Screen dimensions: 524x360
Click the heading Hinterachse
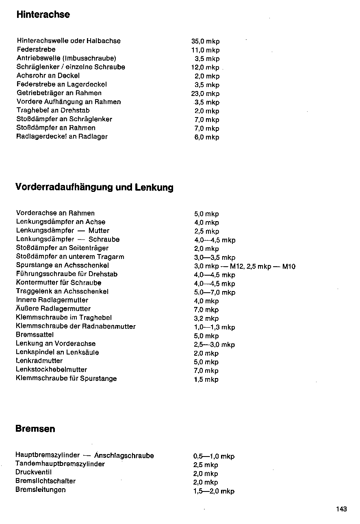click(x=43, y=15)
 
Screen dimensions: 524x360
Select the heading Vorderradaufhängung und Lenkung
click(x=94, y=187)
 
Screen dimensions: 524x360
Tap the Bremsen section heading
click(x=35, y=429)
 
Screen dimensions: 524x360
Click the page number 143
click(x=341, y=509)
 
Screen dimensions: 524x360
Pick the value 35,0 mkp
click(x=205, y=41)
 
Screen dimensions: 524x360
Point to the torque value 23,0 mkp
click(x=205, y=93)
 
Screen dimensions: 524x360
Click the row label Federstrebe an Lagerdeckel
click(x=62, y=85)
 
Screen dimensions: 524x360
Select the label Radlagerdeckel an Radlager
click(x=62, y=137)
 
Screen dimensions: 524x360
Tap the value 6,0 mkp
click(x=207, y=137)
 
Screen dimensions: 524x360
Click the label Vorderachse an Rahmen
click(x=55, y=213)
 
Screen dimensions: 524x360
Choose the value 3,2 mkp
click(x=206, y=319)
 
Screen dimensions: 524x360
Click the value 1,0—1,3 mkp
click(x=215, y=327)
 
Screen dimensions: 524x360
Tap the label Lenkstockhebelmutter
click(x=51, y=370)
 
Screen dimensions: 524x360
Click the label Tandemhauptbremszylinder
click(x=60, y=464)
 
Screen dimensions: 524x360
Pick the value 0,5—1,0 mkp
click(x=214, y=457)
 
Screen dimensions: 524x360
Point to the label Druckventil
click(x=33, y=472)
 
